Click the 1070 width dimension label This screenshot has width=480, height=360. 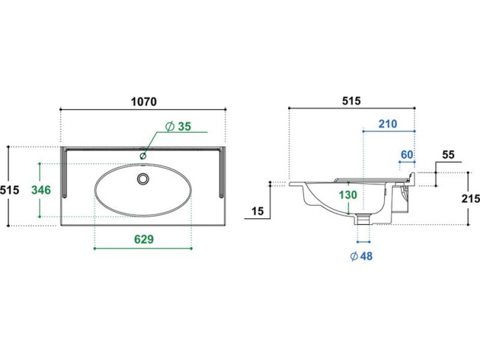(144, 102)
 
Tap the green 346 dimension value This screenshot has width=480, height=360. (41, 190)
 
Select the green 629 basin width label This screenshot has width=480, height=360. (144, 239)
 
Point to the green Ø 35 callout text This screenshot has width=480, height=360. (178, 126)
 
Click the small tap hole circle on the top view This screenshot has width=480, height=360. (143, 156)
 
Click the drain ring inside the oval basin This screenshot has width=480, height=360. (143, 179)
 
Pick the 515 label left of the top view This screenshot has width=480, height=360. (10, 190)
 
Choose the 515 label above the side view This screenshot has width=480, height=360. (352, 100)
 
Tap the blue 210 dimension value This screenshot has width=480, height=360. (388, 124)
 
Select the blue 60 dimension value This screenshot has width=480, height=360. (407, 154)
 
